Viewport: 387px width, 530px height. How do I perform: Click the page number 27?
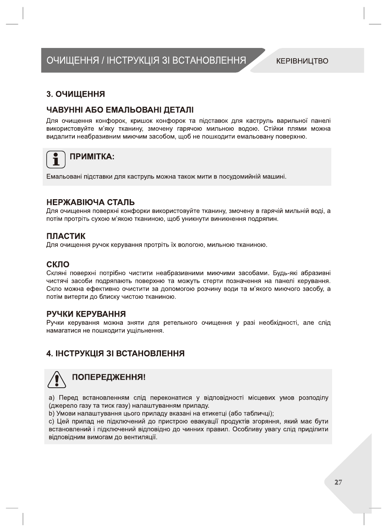[x=338, y=482]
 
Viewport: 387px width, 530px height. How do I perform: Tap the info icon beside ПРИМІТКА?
[x=56, y=159]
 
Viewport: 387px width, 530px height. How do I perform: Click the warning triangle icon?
[x=57, y=380]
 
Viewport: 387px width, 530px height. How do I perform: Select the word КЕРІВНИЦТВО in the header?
[x=302, y=61]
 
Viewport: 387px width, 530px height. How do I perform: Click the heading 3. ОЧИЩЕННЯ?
[x=76, y=94]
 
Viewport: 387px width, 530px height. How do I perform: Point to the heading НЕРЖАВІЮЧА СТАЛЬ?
[x=91, y=202]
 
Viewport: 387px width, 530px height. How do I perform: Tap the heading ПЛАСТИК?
[x=66, y=236]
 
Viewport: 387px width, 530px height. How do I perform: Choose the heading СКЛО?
[x=58, y=264]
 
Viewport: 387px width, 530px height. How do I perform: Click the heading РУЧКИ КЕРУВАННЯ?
[x=86, y=314]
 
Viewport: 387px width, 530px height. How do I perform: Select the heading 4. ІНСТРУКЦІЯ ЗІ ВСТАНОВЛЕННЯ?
[x=115, y=354]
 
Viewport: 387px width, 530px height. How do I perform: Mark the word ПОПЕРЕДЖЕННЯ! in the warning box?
[x=109, y=377]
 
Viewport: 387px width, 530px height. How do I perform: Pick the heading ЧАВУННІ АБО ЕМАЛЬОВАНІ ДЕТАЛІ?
[x=120, y=110]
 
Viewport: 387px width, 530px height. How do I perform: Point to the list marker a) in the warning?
[x=51, y=397]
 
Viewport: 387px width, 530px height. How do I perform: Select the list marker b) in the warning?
[x=51, y=413]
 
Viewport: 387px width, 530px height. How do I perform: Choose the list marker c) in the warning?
[x=51, y=421]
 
